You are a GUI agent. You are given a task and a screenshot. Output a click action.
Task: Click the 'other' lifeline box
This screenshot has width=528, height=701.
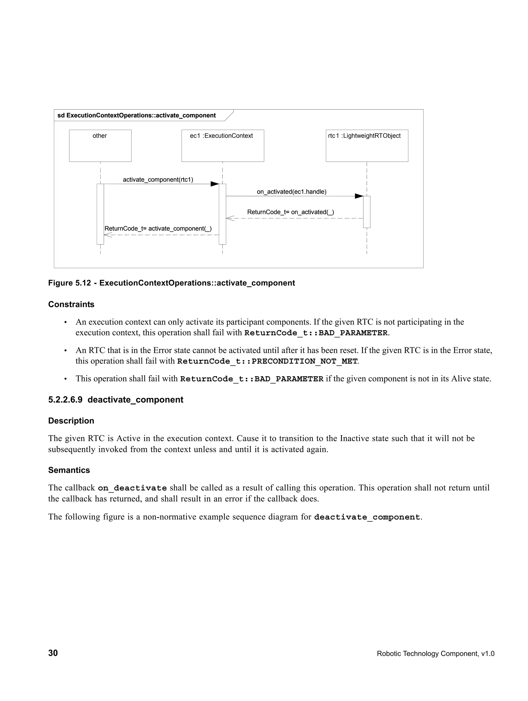coord(100,146)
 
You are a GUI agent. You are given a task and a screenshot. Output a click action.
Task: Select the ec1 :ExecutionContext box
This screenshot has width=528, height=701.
coord(222,146)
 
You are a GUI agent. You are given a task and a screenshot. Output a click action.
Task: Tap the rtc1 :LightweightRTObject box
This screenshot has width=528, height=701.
coord(367,146)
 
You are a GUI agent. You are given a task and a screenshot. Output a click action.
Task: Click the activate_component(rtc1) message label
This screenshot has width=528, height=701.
coord(158,180)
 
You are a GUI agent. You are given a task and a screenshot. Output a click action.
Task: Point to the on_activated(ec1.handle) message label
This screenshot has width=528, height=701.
coord(291,192)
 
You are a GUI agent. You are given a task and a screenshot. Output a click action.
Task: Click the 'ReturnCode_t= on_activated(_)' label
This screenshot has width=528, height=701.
coord(291,212)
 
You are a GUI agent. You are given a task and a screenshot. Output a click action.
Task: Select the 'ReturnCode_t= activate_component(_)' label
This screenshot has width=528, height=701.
coord(158,229)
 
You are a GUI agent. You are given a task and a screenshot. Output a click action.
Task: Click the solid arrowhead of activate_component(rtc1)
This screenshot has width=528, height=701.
coord(215,184)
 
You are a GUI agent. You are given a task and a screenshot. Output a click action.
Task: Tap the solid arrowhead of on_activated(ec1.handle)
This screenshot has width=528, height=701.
coord(359,196)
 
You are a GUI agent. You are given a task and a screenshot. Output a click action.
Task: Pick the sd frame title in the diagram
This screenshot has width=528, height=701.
coord(136,115)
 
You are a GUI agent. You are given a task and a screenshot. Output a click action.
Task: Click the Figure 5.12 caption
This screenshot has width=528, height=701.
coord(171,283)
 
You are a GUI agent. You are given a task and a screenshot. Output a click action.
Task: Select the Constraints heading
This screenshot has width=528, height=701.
coord(71,304)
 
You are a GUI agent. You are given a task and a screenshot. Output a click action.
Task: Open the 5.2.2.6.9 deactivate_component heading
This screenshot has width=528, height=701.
coord(116,400)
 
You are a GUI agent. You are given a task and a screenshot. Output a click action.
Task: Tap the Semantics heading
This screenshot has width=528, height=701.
coord(69,470)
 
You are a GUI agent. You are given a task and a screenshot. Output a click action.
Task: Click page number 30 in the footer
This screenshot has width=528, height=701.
coord(53,653)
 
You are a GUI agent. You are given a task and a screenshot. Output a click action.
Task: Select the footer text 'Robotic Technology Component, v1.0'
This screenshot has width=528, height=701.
coord(435,653)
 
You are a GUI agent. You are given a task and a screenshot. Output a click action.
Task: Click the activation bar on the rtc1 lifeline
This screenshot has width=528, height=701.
coord(367,212)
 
